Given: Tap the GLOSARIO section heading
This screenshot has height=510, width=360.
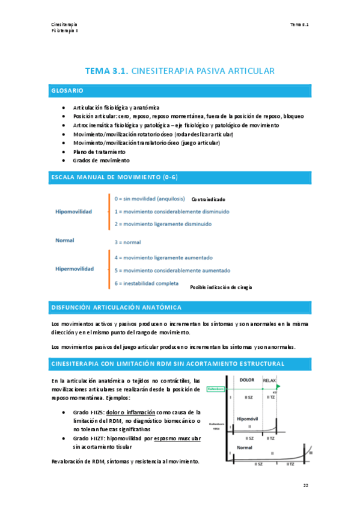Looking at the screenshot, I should coord(67,91).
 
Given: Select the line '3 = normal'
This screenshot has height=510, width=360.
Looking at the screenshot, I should coord(127,242).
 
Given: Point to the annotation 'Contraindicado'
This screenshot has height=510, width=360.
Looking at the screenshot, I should coord(209,199).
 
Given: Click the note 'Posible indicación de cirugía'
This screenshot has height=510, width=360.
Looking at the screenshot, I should coord(221,287).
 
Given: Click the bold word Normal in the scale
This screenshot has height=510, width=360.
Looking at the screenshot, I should coord(64,241).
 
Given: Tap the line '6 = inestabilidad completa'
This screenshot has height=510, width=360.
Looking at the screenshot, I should coord(146,283).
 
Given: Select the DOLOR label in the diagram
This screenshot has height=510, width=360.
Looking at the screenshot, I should coord(246,380).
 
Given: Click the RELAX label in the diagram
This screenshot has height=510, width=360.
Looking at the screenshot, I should coord(271,381).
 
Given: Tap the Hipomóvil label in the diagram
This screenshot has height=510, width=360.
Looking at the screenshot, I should coord(248,418).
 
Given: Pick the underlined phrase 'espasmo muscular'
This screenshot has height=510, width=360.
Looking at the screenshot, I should coord(177,439).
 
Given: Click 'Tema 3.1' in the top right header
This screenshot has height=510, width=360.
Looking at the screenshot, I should coord(299,25).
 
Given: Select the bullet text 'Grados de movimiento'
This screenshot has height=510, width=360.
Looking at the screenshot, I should coord(101,161).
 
